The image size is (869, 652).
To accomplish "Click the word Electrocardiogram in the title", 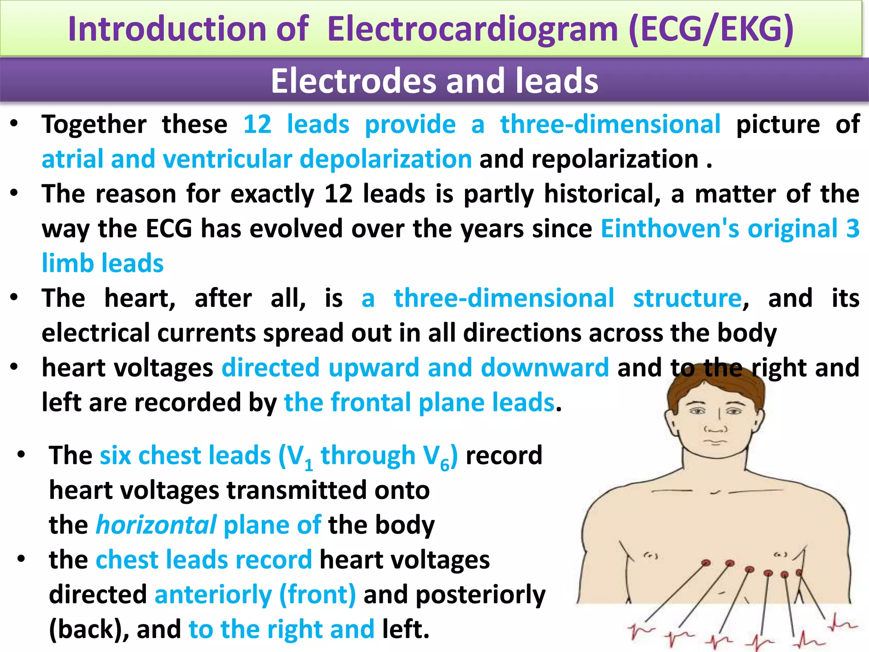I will coord(472,29).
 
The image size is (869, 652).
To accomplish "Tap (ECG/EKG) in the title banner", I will coord(711,29).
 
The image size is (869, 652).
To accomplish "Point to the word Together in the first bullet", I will coord(94,125).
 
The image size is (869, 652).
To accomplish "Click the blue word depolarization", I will coord(385,159).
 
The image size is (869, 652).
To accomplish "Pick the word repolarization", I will coord(615,159).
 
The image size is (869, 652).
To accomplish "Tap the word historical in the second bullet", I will coord(602,194).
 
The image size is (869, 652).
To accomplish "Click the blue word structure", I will coord(687,298).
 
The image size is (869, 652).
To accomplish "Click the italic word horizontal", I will coord(156,525).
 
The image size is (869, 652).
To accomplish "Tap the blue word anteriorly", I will coord(213,595).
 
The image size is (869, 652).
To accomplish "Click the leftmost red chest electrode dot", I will coord(706,563).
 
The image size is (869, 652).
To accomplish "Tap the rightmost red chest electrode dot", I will coord(799,573).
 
